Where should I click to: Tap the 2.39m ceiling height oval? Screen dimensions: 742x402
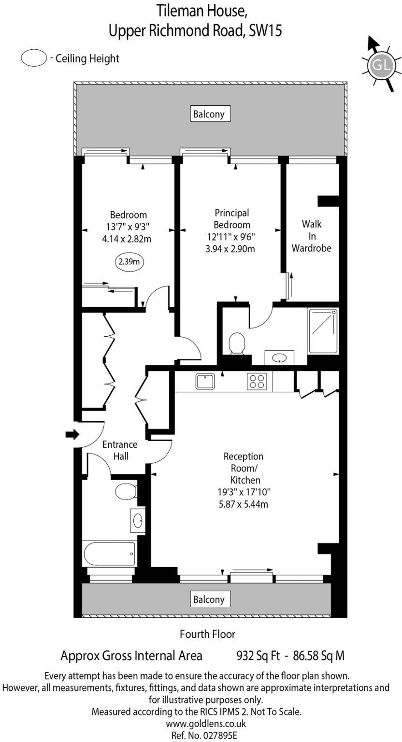point(129,262)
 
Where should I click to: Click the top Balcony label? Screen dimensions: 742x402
point(209,114)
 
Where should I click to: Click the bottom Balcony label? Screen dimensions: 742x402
point(209,599)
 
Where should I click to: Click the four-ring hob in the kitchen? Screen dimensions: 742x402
point(257,382)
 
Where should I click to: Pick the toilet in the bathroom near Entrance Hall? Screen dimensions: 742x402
point(125,492)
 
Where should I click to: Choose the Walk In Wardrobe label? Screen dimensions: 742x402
point(311,236)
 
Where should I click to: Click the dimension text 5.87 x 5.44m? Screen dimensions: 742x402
point(243,505)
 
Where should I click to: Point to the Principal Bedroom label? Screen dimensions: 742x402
point(232,219)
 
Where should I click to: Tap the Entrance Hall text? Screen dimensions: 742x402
point(119,450)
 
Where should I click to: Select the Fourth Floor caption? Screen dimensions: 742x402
point(207,633)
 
